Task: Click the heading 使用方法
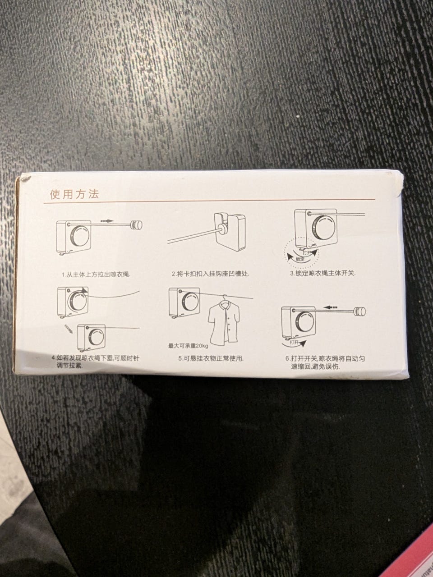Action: click(x=74, y=194)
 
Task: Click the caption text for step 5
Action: click(x=211, y=358)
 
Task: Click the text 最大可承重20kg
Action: click(x=188, y=346)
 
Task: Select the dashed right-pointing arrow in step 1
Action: click(x=107, y=221)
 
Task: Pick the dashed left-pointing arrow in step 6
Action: click(x=330, y=307)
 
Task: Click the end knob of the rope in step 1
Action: click(x=137, y=225)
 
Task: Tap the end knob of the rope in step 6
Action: click(x=360, y=311)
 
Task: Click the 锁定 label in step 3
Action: click(x=300, y=259)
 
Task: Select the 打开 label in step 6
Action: click(x=294, y=342)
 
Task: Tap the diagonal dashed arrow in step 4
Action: click(x=69, y=329)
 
